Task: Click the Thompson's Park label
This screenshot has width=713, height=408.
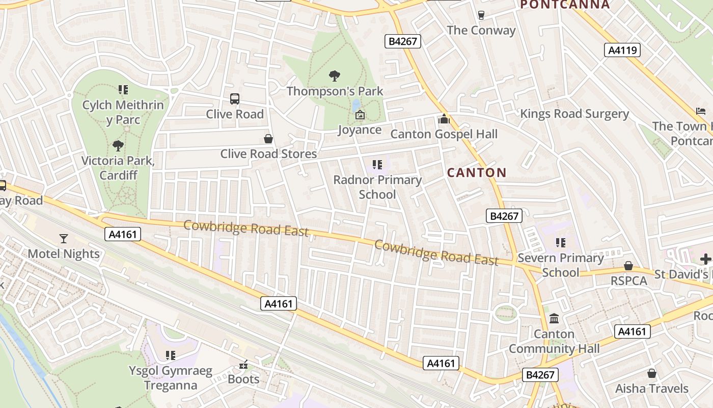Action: click(x=335, y=91)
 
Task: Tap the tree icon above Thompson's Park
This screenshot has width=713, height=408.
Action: click(x=335, y=76)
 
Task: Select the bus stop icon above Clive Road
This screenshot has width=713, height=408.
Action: click(x=235, y=99)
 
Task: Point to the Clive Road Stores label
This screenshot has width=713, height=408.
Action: click(x=268, y=154)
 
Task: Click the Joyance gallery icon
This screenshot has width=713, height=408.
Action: click(x=360, y=115)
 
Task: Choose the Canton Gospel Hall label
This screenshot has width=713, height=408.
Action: click(x=444, y=134)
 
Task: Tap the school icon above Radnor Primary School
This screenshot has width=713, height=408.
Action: click(x=377, y=165)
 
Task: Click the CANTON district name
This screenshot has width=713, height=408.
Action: click(x=477, y=172)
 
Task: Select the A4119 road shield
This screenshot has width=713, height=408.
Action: click(x=622, y=50)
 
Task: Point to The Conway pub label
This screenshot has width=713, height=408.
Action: click(x=481, y=30)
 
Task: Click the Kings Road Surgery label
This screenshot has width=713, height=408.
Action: click(x=574, y=114)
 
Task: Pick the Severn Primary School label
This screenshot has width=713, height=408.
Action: click(x=561, y=265)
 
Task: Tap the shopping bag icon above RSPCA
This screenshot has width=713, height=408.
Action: click(x=628, y=266)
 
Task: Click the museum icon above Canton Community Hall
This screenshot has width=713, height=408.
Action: click(x=554, y=319)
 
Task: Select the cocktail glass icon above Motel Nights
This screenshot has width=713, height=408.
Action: click(x=64, y=238)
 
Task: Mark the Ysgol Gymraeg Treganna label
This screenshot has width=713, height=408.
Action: click(x=170, y=378)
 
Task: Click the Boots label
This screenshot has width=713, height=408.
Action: click(x=243, y=379)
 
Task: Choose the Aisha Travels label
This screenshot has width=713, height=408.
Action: click(x=652, y=388)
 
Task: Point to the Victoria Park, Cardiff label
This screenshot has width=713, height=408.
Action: click(x=118, y=168)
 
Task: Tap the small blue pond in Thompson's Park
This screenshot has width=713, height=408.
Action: click(x=356, y=105)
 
